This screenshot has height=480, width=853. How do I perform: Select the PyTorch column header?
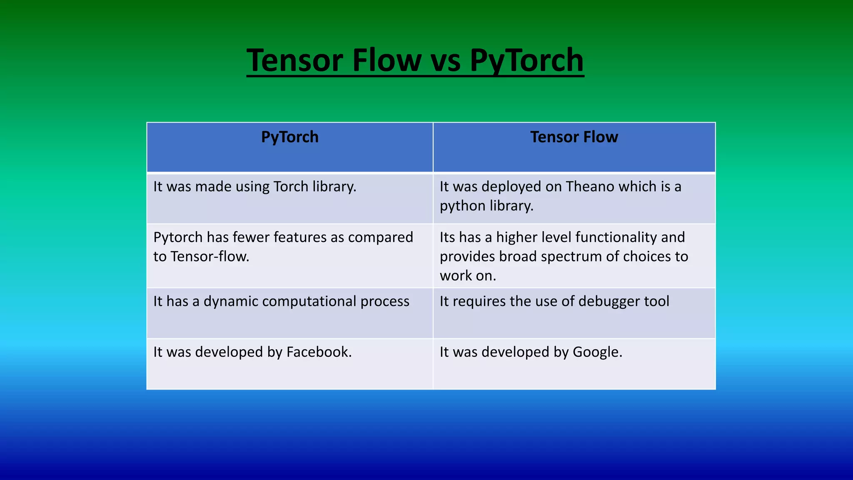click(289, 137)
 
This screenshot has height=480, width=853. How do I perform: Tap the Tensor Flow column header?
click(574, 137)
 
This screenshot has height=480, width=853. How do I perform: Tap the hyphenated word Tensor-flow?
click(210, 257)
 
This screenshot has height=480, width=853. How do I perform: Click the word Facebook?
click(319, 352)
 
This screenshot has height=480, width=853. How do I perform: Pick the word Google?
click(597, 352)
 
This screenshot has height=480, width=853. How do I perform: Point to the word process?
click(385, 302)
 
